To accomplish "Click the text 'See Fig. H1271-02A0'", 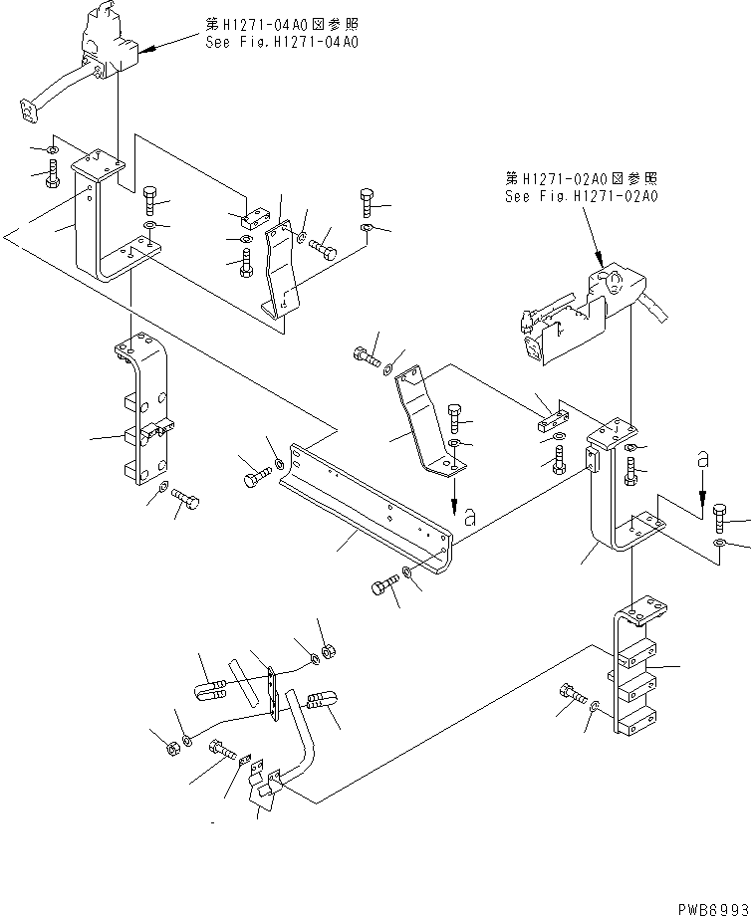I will tap(581, 196).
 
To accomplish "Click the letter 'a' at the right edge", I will tap(703, 459).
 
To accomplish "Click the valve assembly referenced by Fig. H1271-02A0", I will tap(578, 309).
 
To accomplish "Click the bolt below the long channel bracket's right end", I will tap(384, 587).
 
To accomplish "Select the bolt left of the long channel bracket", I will tap(256, 479).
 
